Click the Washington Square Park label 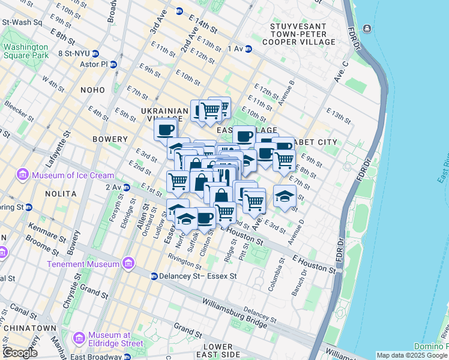24,52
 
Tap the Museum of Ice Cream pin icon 23,175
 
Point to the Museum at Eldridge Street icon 78,339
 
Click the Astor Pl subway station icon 113,64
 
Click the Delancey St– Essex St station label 198,277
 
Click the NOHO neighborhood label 92,89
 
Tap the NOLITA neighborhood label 60,194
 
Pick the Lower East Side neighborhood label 217,352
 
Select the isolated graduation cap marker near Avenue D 285,196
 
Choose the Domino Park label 431,346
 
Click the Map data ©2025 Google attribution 412,355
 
